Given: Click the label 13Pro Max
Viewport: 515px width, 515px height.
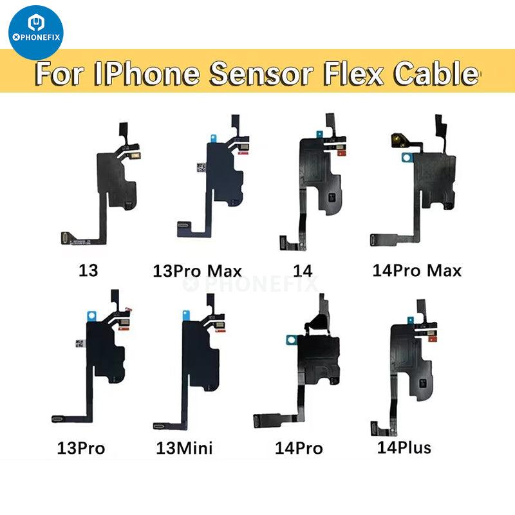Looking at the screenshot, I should coord(197,271).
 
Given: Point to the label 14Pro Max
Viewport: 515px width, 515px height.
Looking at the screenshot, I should coord(417,270).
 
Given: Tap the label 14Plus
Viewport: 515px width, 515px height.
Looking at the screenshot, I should coord(404,447).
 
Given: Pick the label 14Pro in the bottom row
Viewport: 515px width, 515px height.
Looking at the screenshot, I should coord(299,448).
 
